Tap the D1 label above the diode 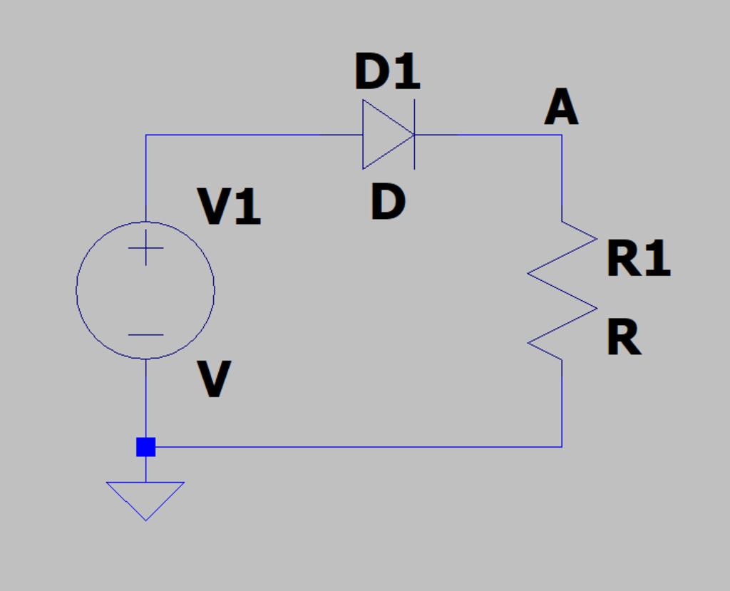click(387, 73)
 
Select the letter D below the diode click(388, 202)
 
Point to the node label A click(561, 110)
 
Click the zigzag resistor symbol click(562, 291)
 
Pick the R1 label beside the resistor click(638, 259)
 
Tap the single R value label click(624, 338)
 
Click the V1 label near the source click(229, 208)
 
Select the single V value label click(214, 380)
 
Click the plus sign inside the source click(145, 248)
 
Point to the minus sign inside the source click(145, 335)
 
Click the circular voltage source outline click(77, 290)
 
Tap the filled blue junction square click(145, 447)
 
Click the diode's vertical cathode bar click(414, 153)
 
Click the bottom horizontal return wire click(356, 447)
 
